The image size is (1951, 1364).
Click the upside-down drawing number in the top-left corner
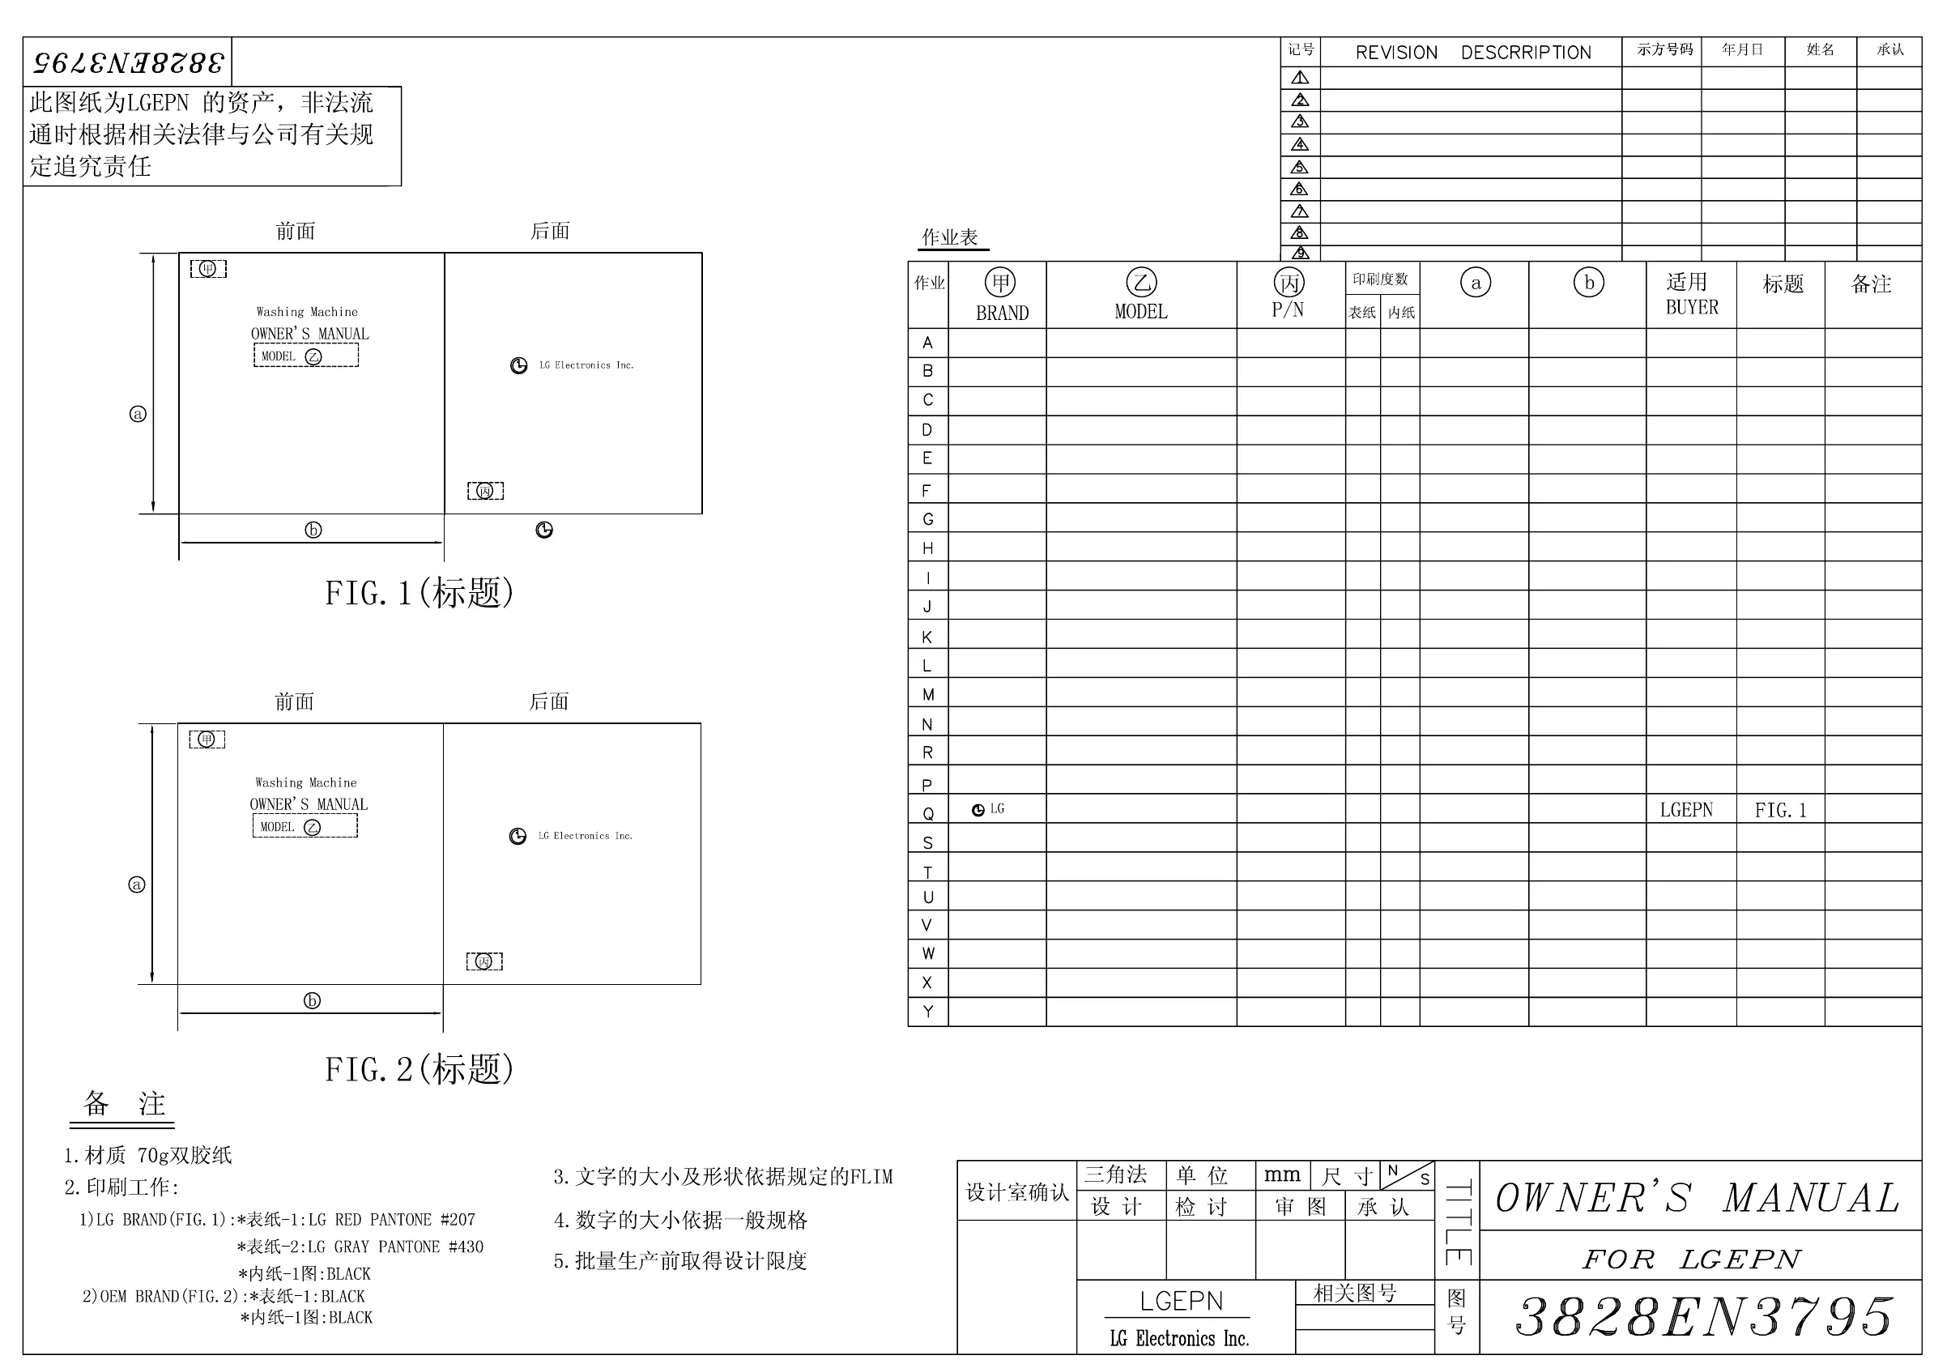(127, 62)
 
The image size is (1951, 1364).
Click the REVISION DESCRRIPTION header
(1472, 53)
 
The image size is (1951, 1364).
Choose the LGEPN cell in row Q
(1686, 810)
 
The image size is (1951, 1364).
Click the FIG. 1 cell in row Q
(1780, 810)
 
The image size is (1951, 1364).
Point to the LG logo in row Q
(979, 810)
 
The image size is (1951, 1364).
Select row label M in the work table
(928, 694)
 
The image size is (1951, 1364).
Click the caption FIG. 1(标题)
(419, 592)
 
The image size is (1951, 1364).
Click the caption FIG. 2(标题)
(419, 1069)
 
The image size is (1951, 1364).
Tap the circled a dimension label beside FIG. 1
(138, 414)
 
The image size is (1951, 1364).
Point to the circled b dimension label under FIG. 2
(312, 1000)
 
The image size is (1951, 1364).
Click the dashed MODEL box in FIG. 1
(306, 356)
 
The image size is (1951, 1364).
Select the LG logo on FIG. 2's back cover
(518, 836)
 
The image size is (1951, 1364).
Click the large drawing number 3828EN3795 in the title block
(1704, 1316)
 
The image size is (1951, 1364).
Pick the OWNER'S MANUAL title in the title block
(1697, 1197)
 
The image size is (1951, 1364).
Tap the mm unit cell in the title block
(1281, 1175)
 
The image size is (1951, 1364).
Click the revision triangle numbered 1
(1300, 77)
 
